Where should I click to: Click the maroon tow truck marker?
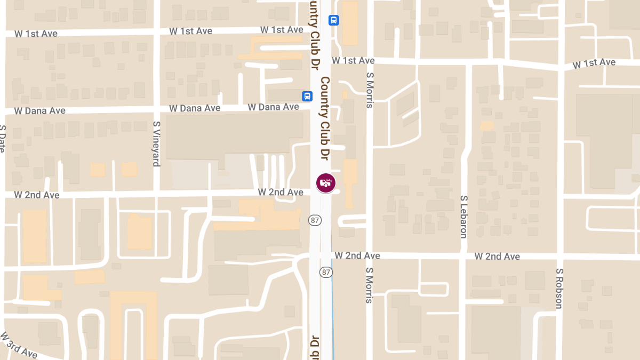(x=326, y=183)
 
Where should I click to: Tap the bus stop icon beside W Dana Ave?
(x=307, y=96)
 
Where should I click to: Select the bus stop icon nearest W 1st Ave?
(x=334, y=20)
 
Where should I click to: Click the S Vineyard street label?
(x=156, y=143)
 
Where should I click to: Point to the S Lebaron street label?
(x=463, y=216)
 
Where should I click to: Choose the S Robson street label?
(x=559, y=288)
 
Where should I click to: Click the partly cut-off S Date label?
(x=3, y=138)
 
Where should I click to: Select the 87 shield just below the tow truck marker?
(x=314, y=219)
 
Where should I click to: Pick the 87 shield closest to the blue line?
(x=326, y=272)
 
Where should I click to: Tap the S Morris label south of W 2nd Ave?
(x=369, y=285)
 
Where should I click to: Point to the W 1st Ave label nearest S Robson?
(x=594, y=63)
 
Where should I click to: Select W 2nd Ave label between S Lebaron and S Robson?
(x=497, y=257)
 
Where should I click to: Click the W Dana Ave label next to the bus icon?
(x=273, y=107)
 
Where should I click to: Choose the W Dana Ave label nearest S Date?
(x=40, y=111)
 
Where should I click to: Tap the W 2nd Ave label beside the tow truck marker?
(x=281, y=192)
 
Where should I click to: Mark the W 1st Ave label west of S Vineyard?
(x=36, y=34)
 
